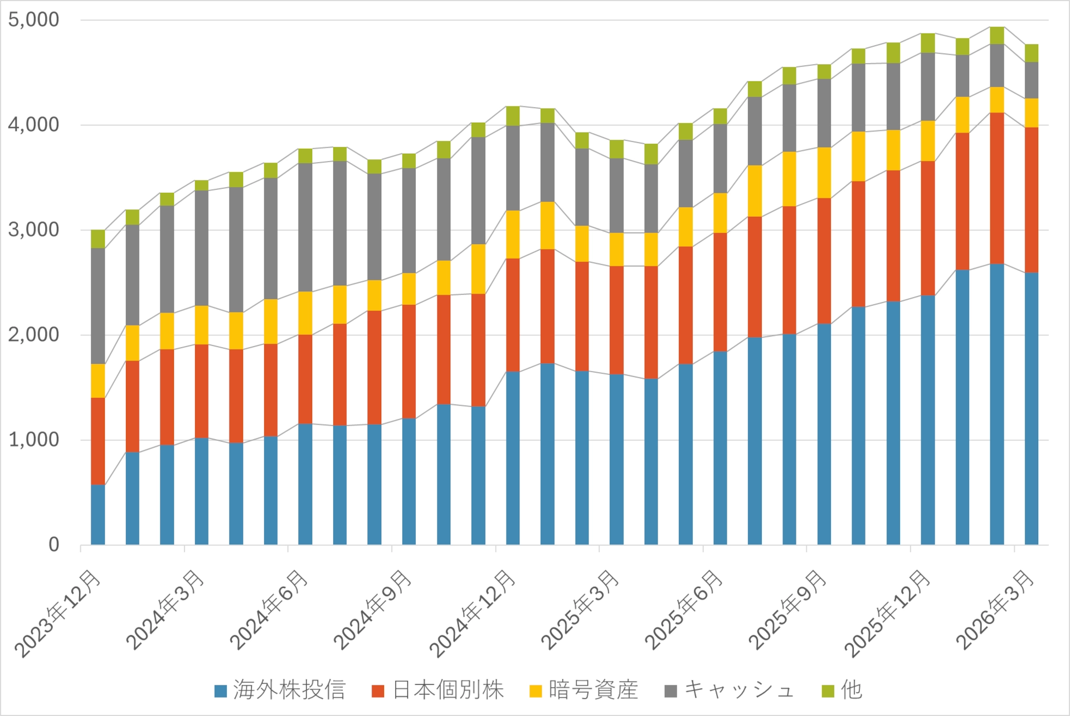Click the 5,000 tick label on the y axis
(33, 20)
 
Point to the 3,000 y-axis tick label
(33, 230)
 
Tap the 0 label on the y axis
(53, 544)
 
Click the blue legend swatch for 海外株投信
(221, 691)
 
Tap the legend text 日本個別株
(448, 690)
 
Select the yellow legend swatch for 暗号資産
(536, 691)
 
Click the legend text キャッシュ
(739, 690)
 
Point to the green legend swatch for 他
(828, 691)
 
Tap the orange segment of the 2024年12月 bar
(513, 315)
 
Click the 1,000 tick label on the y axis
(33, 440)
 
